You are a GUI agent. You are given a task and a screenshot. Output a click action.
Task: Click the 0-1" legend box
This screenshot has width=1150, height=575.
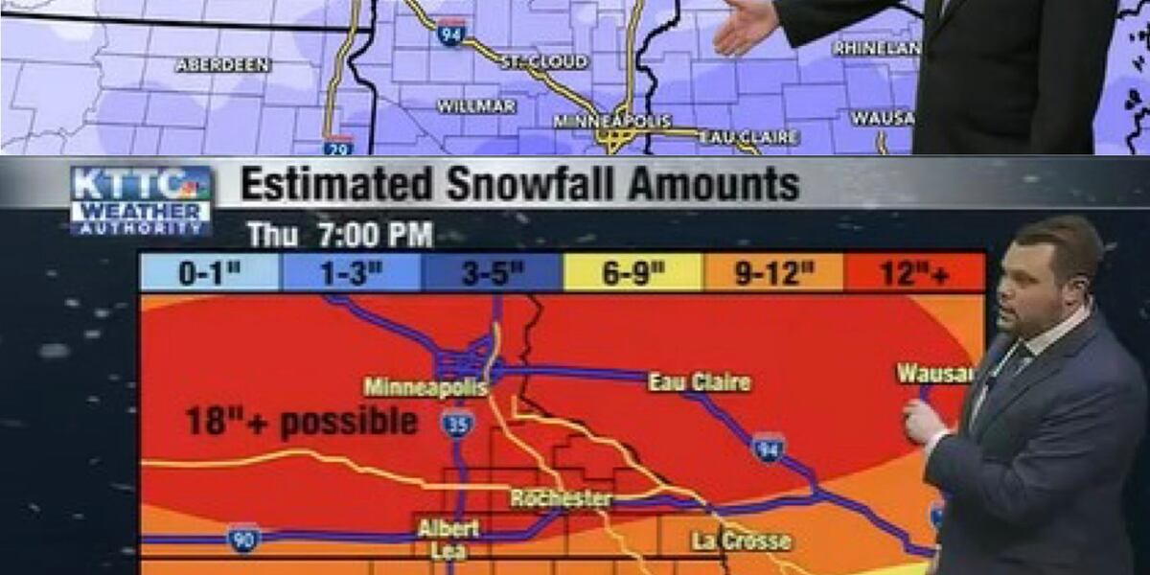click(210, 273)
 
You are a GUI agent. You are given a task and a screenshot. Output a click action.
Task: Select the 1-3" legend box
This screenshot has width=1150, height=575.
click(351, 273)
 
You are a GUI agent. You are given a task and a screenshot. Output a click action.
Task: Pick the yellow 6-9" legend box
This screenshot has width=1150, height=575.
click(632, 273)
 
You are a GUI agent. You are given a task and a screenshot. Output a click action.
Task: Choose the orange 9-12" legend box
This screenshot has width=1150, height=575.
click(773, 273)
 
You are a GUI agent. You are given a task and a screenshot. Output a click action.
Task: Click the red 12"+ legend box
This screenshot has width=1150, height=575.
click(914, 273)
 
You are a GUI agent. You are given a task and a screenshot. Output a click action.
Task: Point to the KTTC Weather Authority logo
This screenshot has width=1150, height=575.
click(141, 200)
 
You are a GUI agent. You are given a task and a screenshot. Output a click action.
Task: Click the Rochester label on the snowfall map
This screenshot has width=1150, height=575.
click(561, 498)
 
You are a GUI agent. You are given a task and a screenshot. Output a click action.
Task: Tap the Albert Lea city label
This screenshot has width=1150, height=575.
click(448, 540)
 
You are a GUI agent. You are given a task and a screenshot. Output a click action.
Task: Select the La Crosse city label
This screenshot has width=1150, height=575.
click(742, 541)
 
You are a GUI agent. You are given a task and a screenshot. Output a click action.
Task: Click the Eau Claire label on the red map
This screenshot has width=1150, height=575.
click(700, 382)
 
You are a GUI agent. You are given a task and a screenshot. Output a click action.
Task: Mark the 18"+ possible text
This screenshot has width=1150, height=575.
click(301, 422)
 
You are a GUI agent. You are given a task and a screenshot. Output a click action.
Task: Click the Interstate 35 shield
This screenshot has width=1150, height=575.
click(458, 423)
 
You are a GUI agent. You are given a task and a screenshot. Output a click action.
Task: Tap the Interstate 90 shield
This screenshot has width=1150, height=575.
click(243, 538)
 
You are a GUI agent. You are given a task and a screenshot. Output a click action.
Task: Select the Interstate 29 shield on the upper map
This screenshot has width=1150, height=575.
click(338, 146)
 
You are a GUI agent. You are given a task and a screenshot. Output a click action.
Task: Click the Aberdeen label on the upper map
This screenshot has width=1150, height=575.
click(223, 65)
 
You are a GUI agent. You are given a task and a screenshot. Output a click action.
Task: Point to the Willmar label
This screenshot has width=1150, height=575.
click(476, 105)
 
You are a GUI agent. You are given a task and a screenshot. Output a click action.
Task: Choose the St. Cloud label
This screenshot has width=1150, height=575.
click(544, 62)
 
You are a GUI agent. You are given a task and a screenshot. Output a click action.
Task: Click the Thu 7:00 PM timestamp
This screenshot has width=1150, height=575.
click(340, 235)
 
